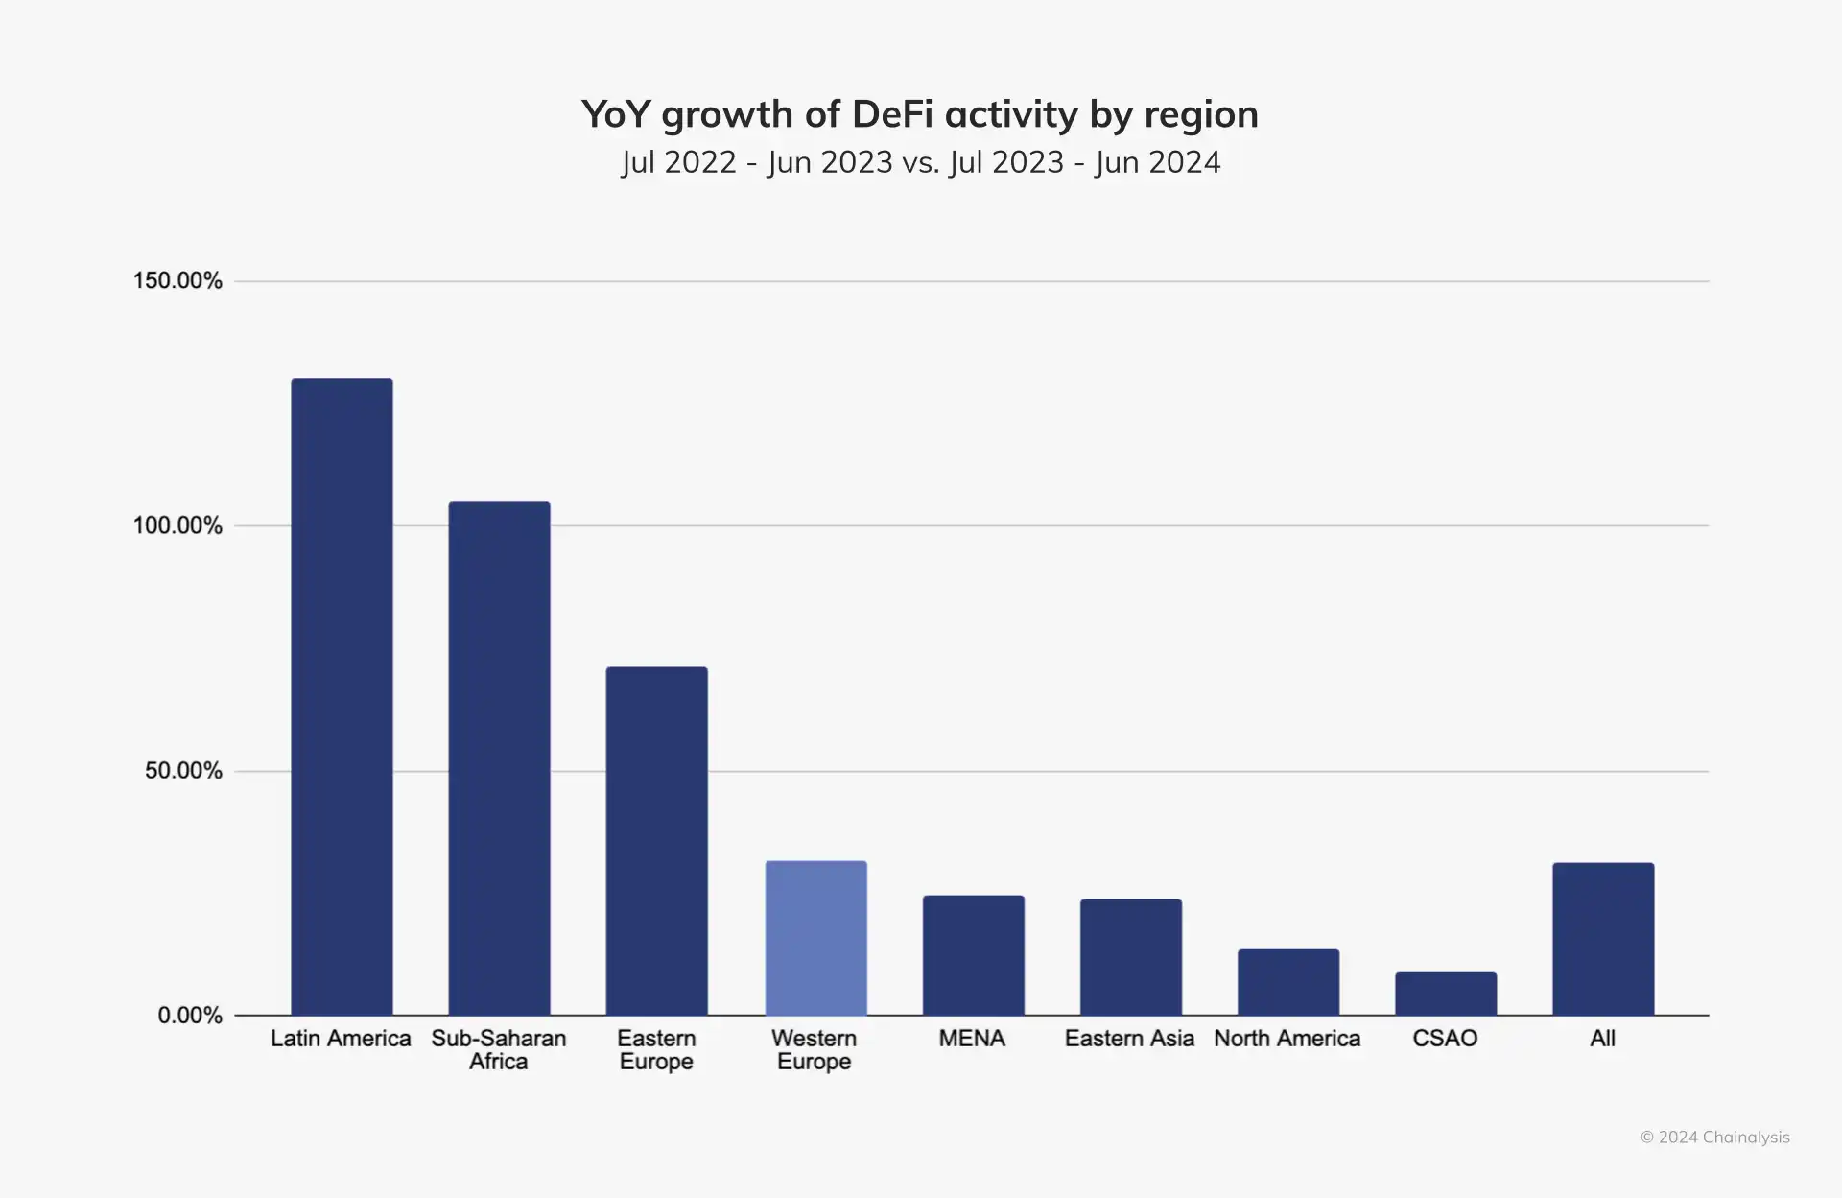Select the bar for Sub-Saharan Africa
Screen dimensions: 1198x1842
[x=499, y=757]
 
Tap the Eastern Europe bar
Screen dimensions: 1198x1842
[x=656, y=840]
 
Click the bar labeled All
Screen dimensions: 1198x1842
[x=1603, y=938]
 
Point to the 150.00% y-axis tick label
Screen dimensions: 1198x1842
[x=177, y=280]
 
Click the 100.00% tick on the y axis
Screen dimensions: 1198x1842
[x=177, y=525]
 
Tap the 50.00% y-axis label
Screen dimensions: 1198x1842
[x=183, y=770]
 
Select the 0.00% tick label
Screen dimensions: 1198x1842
[x=190, y=1015]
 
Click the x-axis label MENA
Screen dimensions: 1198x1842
[x=972, y=1038]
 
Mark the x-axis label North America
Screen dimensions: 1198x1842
[x=1287, y=1038]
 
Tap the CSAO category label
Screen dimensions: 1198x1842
[x=1445, y=1038]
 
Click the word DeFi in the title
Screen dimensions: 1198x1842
[x=891, y=114]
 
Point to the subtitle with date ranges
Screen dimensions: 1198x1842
[x=920, y=162]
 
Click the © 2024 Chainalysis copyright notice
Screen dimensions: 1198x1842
[x=1714, y=1137]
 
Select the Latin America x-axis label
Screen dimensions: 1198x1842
[x=341, y=1038]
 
